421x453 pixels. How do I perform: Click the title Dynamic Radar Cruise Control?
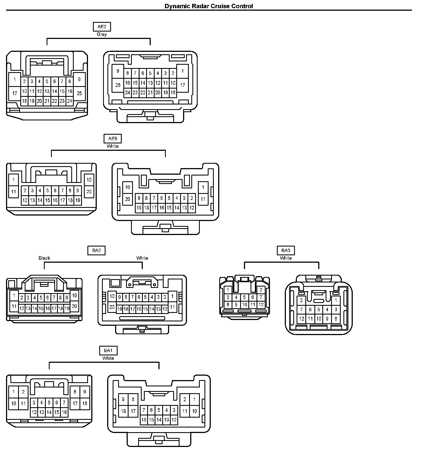tap(209, 6)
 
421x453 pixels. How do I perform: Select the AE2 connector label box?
tap(102, 27)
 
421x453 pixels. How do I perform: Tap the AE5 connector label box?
tap(112, 138)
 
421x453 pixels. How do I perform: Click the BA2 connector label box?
tap(96, 250)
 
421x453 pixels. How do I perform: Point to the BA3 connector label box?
tap(286, 250)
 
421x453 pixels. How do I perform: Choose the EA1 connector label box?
tap(108, 350)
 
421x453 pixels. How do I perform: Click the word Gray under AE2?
tap(102, 35)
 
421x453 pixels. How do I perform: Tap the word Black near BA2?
tap(44, 258)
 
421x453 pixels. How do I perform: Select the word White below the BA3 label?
tap(286, 258)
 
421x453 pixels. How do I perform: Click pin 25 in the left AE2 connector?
tap(79, 93)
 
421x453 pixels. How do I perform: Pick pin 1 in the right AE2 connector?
tap(183, 71)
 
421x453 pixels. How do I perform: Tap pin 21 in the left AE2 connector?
tap(47, 101)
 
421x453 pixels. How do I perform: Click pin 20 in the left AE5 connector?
tap(89, 191)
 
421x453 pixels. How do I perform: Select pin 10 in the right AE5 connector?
tap(128, 187)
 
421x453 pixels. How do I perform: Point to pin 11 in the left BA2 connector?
tap(14, 306)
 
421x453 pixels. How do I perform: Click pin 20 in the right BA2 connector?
tap(112, 307)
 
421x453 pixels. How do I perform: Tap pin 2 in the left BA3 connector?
tap(261, 290)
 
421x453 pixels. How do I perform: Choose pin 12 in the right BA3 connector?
tap(301, 319)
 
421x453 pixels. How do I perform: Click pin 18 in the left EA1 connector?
tap(85, 403)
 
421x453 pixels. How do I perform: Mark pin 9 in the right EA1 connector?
tap(123, 400)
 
